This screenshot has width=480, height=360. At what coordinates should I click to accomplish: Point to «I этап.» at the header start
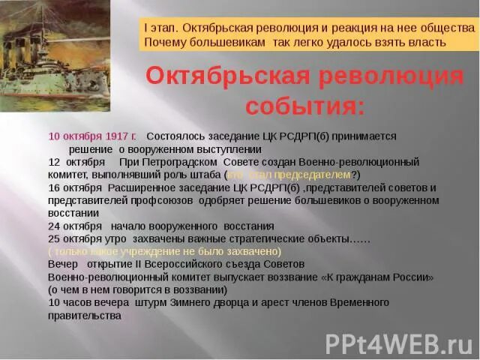click(x=162, y=27)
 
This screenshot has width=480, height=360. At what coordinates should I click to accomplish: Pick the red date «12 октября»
click(x=75, y=162)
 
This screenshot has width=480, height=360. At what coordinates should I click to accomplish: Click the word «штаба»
click(x=208, y=175)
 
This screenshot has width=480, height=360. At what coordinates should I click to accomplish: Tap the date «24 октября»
click(x=75, y=226)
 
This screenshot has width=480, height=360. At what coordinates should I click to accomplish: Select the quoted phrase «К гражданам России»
click(x=377, y=277)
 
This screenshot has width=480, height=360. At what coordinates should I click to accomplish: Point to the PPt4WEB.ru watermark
click(x=398, y=343)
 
